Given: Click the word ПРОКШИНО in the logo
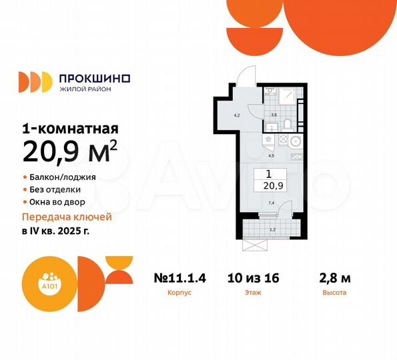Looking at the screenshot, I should click(x=95, y=77).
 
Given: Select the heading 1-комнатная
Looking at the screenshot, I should click(x=71, y=129).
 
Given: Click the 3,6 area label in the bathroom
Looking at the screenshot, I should click(x=274, y=115).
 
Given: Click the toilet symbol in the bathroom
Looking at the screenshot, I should click(x=285, y=123).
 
